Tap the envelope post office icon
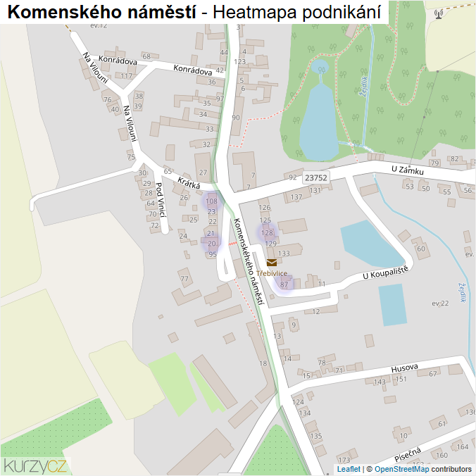point(272,263)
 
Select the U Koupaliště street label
point(387,273)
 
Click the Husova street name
point(405,367)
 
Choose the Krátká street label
point(189,183)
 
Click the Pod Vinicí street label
point(161,199)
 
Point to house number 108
point(211,201)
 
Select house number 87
point(284,284)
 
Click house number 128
point(267,232)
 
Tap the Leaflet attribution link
point(349,469)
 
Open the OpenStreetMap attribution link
point(401,469)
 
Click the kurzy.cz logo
point(35,465)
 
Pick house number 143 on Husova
point(380,382)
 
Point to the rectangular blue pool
point(392,304)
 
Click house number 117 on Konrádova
point(126,76)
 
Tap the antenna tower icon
point(439,13)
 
